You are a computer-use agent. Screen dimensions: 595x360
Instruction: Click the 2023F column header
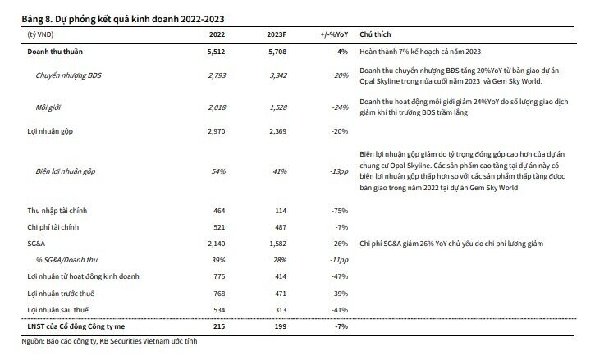[x=277, y=34]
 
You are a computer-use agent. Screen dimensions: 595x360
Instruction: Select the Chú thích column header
[x=375, y=34]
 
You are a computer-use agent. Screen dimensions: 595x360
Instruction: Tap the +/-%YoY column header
[x=334, y=34]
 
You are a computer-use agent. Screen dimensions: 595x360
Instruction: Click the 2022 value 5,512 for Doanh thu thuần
[x=216, y=52]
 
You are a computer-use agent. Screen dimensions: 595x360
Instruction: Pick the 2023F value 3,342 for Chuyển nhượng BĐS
[x=277, y=75]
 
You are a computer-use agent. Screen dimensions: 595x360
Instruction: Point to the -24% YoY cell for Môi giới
[x=340, y=107]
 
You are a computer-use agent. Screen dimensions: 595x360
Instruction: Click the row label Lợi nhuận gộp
[x=50, y=131]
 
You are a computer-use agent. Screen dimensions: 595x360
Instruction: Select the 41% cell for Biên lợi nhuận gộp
[x=280, y=171]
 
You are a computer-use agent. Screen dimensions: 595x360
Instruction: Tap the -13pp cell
[x=339, y=171]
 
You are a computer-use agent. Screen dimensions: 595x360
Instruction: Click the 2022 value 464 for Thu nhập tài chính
[x=219, y=211]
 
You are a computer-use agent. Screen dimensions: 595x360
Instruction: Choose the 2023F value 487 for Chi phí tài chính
[x=281, y=227]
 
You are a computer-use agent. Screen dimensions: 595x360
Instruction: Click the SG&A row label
[x=36, y=244]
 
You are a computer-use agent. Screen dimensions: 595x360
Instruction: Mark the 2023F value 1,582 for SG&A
[x=277, y=244]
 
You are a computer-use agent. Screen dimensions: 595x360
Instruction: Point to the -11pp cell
[x=339, y=260]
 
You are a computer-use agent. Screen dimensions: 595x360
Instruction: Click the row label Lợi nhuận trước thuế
[x=61, y=294]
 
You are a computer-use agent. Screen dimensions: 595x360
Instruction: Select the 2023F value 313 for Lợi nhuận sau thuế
[x=281, y=310]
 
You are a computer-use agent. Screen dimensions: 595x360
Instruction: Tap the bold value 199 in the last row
[x=281, y=326]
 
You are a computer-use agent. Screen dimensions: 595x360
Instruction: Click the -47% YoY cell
[x=340, y=276]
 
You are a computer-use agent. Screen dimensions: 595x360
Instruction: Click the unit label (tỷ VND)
[x=40, y=34]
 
